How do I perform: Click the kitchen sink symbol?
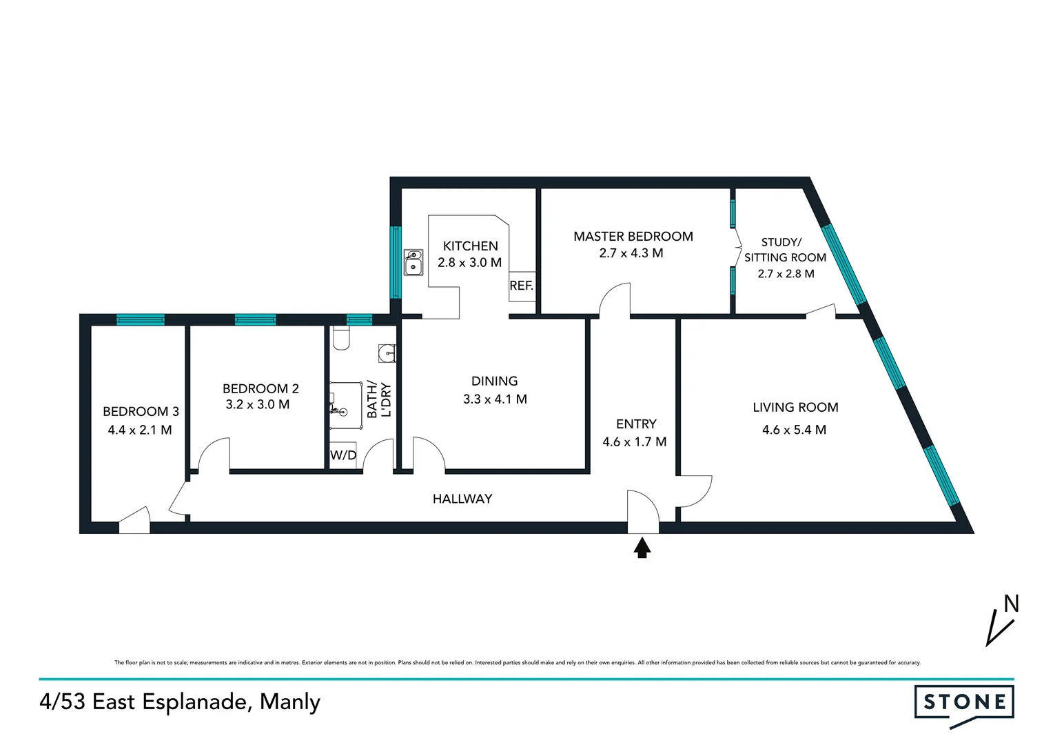click(413, 262)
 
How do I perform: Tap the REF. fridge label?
click(521, 286)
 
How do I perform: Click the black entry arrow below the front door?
click(642, 548)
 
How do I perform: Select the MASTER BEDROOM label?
click(633, 237)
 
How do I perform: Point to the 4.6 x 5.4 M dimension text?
click(794, 430)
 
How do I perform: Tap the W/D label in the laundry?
click(343, 455)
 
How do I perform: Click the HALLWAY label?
click(462, 499)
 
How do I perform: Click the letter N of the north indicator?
click(1011, 604)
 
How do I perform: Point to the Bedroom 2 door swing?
click(214, 455)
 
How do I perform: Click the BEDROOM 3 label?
click(141, 412)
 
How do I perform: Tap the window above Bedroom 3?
click(141, 319)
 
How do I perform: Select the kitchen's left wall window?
click(395, 262)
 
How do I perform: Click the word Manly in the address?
click(290, 702)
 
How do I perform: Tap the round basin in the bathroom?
click(387, 354)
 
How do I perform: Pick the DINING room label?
click(494, 381)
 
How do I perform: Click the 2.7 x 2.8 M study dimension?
click(786, 274)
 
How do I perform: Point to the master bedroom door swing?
click(615, 301)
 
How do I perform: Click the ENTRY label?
click(635, 424)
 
